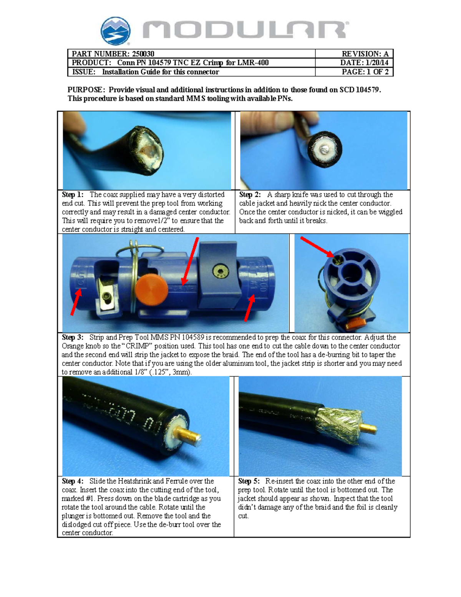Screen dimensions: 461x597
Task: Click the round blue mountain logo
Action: [116, 31]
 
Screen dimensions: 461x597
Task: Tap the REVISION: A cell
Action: [354, 53]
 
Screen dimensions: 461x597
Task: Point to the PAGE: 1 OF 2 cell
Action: [354, 72]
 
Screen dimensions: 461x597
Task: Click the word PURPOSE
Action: [85, 90]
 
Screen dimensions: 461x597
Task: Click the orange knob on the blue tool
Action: [151, 288]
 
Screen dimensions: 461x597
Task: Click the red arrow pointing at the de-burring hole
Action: [317, 246]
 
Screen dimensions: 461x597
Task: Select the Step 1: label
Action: [73, 195]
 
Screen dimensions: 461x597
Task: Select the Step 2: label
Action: [250, 195]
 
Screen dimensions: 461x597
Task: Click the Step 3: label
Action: [73, 338]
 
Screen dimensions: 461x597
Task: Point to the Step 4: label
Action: [73, 481]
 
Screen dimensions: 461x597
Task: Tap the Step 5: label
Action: [249, 481]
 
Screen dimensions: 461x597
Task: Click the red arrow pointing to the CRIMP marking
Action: [190, 261]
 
